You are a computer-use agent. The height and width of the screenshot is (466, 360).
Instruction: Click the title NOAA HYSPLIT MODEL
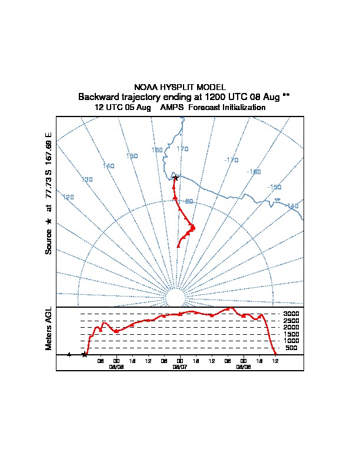click(x=180, y=87)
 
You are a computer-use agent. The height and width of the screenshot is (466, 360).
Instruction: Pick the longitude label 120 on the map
click(x=68, y=197)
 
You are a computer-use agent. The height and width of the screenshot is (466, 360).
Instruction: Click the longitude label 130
click(x=87, y=179)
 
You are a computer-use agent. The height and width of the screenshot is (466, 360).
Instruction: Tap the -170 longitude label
click(x=231, y=160)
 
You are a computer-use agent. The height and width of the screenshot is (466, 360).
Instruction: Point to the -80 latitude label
click(x=188, y=202)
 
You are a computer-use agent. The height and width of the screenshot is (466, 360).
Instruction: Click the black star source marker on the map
click(x=175, y=178)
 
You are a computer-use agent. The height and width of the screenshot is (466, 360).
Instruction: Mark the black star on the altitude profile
click(x=85, y=354)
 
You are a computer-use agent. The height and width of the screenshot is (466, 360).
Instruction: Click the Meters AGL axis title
click(x=49, y=328)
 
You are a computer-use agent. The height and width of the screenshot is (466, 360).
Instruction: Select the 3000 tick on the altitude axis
click(x=291, y=314)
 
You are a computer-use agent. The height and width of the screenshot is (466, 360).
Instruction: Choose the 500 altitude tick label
click(x=291, y=348)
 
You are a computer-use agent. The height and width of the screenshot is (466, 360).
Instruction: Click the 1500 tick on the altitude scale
click(x=291, y=334)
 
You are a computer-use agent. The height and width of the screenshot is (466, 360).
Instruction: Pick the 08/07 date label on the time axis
click(x=179, y=367)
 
